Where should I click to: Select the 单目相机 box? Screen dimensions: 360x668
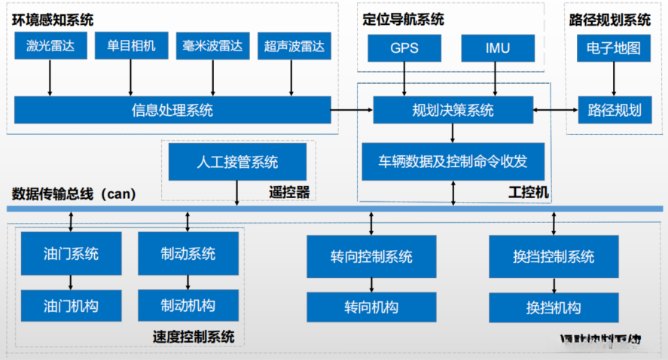(x=131, y=47)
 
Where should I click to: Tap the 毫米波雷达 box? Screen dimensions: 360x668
(x=212, y=47)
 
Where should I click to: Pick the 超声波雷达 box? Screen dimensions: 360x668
(x=294, y=47)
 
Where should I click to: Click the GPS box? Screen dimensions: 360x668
(x=404, y=48)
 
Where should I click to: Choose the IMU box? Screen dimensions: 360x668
(x=496, y=48)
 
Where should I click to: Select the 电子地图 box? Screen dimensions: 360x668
(x=614, y=48)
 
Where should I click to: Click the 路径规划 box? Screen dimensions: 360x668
(x=614, y=111)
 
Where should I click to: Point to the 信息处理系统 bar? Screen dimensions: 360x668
(x=172, y=111)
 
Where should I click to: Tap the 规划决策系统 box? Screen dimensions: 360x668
(x=453, y=110)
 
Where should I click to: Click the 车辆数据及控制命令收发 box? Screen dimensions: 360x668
(x=453, y=161)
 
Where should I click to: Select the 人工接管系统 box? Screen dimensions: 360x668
(x=237, y=161)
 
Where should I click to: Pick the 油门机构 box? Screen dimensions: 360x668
(x=71, y=306)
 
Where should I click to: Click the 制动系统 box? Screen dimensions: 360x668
(x=188, y=253)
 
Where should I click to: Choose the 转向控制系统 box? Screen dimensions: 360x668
(x=371, y=256)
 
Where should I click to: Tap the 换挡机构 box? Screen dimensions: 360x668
(x=554, y=307)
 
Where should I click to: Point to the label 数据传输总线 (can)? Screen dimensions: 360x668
(x=73, y=194)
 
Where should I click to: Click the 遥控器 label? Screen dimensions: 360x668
(x=289, y=192)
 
